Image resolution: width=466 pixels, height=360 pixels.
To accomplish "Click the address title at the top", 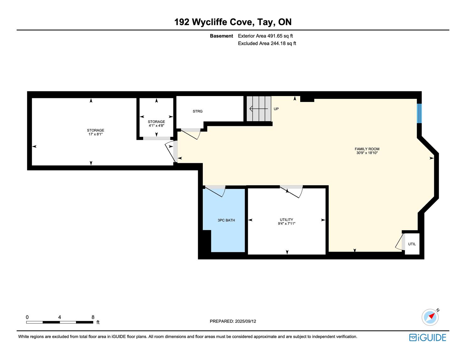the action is coord(233,22).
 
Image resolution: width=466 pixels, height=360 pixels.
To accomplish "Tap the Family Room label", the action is coord(367,149).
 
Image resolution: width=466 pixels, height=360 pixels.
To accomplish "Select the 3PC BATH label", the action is coord(226,220).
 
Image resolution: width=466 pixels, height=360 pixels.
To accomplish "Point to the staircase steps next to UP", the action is coord(259,109).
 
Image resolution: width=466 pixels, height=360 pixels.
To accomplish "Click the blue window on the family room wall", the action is coord(419,113).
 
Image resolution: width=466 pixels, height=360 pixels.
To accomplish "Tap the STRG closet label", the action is coord(198,111).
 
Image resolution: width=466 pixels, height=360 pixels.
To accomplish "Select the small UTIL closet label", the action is coord(412,244).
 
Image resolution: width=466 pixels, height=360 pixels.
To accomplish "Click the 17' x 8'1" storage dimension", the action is coord(96,134).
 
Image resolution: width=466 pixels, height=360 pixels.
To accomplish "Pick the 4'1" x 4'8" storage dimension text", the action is coord(157,126).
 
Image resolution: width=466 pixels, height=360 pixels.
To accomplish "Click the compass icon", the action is coord(430,317).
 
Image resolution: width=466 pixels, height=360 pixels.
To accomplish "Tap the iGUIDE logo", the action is coord(428,338).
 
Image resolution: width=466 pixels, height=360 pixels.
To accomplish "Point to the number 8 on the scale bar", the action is coord(93,317).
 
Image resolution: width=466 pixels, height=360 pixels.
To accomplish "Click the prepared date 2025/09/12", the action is coord(246,321).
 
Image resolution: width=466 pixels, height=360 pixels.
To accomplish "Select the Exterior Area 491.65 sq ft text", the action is coord(265,36).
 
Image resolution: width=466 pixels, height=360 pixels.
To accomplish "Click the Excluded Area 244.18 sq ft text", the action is coord(267,44).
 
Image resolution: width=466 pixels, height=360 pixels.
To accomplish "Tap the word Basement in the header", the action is coord(221,36).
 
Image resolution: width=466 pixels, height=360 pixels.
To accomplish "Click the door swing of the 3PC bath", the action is coord(214,191).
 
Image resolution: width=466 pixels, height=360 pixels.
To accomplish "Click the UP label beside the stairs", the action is coord(276,109).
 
